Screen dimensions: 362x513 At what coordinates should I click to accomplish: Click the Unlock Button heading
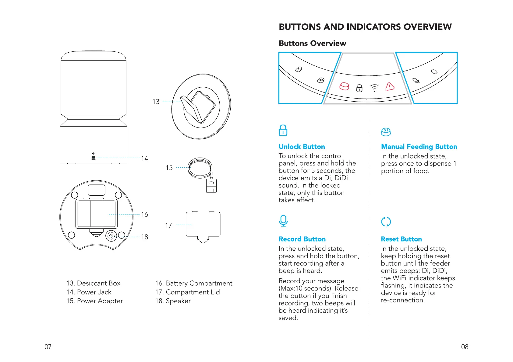click(x=302, y=147)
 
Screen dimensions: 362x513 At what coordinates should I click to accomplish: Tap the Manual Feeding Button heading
click(x=419, y=147)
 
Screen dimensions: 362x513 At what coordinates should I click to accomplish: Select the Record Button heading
click(x=302, y=239)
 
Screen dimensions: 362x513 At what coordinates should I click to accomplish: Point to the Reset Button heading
click(x=401, y=239)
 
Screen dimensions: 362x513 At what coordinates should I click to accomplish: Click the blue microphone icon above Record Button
click(x=283, y=221)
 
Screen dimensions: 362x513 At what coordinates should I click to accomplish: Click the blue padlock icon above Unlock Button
click(x=283, y=131)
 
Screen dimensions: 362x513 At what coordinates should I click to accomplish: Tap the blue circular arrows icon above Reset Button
click(x=386, y=222)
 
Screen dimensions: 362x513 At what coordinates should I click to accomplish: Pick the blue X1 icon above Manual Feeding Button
click(x=386, y=132)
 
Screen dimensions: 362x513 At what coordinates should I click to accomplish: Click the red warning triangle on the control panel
click(x=390, y=87)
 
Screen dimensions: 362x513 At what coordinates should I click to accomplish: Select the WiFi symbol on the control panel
click(x=374, y=88)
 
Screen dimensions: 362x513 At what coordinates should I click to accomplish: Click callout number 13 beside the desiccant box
click(x=156, y=102)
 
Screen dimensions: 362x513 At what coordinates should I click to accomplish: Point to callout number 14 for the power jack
click(x=144, y=158)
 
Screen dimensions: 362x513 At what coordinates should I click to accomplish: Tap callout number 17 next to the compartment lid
click(x=168, y=225)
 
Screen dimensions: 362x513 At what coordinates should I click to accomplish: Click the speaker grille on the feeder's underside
click(x=111, y=236)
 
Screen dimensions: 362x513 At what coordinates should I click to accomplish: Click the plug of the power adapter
click(x=211, y=186)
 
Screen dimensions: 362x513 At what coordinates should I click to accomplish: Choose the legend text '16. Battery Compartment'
click(x=193, y=283)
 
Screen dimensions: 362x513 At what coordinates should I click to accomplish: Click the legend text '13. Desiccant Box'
click(x=93, y=283)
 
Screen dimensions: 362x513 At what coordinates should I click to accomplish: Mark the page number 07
click(x=48, y=347)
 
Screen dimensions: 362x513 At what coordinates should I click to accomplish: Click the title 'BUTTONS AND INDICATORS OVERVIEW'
click(x=365, y=27)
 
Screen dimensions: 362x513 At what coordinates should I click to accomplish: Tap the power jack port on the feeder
click(x=94, y=158)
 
